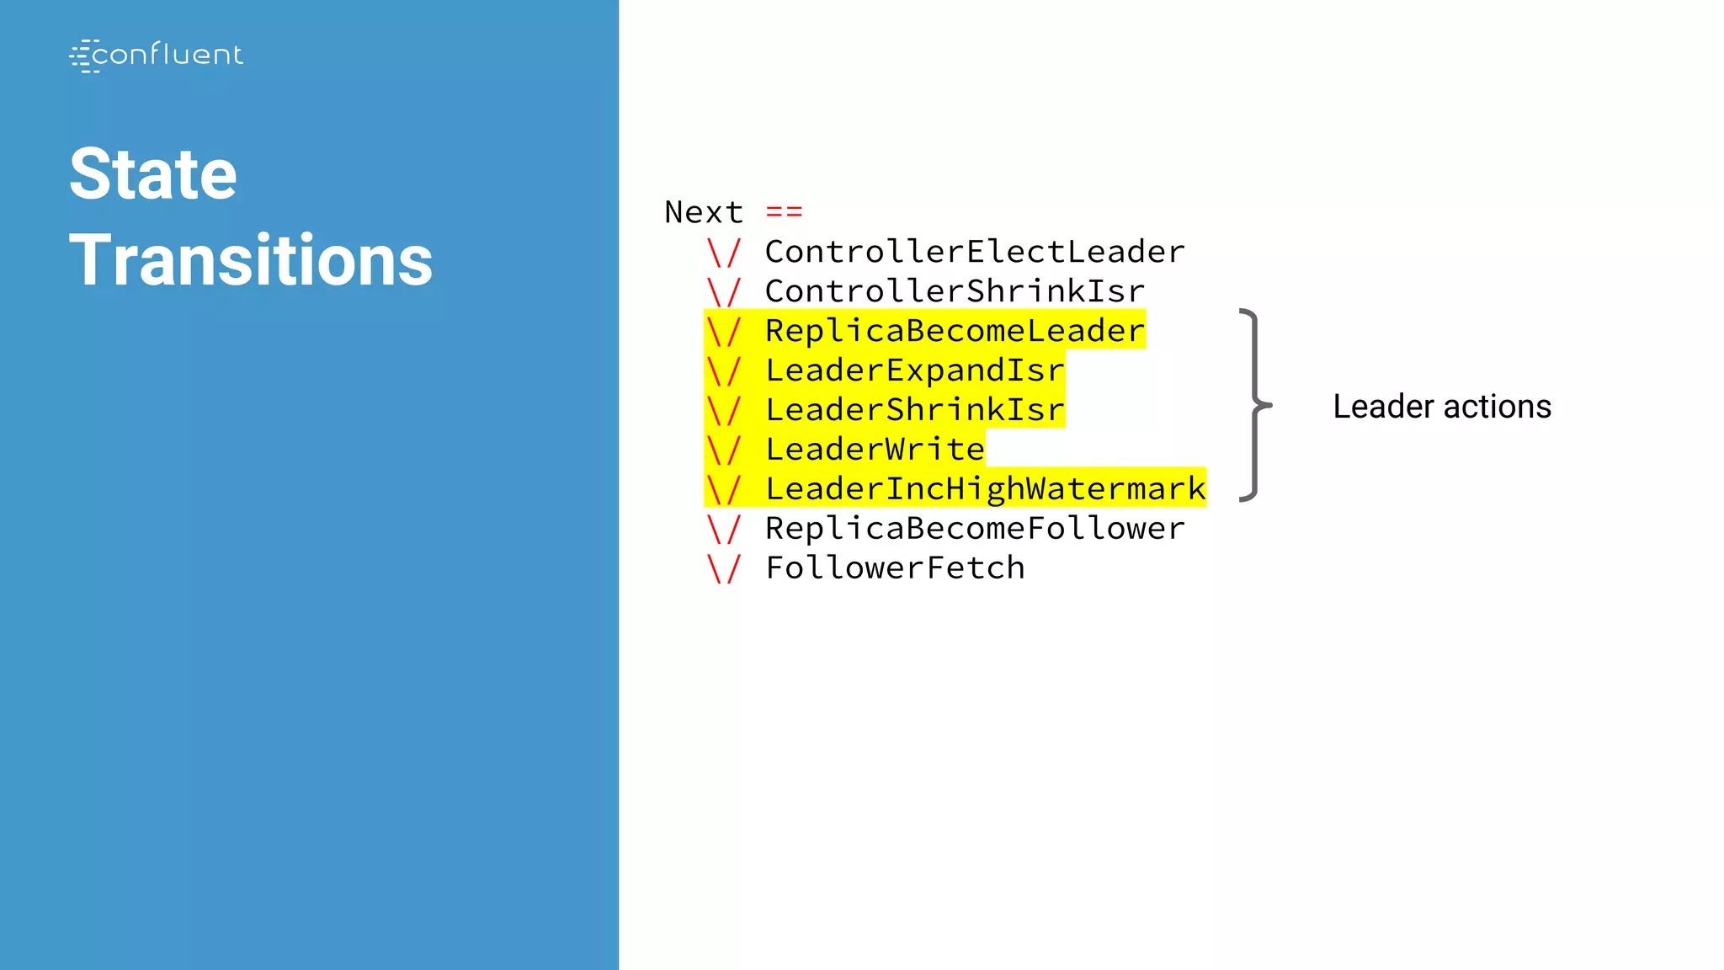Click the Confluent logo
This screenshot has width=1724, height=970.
click(157, 56)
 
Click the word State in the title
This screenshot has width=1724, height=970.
click(153, 174)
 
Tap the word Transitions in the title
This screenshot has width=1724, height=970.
click(251, 261)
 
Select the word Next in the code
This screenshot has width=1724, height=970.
click(704, 212)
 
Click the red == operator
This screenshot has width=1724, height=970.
click(784, 211)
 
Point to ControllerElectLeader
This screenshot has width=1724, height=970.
click(975, 252)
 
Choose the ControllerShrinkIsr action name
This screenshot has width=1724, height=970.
click(955, 291)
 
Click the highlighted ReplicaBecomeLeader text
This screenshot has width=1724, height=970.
click(955, 331)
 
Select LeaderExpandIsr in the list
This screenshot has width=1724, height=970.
click(914, 370)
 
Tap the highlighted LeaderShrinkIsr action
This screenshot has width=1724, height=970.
click(914, 410)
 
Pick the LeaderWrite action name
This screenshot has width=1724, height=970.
click(875, 450)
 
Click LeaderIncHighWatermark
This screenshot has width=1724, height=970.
click(985, 489)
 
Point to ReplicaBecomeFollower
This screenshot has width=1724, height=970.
click(975, 529)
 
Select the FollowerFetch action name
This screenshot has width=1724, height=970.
click(895, 568)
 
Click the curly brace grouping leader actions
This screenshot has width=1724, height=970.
click(1254, 406)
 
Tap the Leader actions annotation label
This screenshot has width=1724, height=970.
click(1441, 407)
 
